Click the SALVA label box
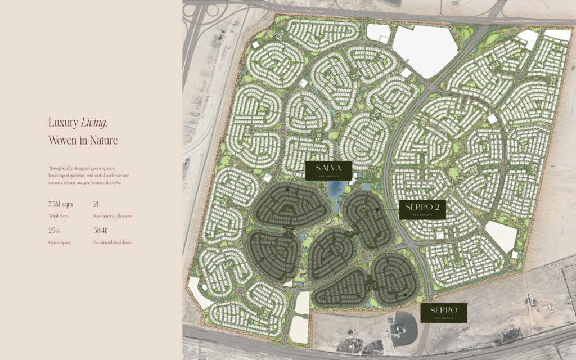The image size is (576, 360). click(x=329, y=170)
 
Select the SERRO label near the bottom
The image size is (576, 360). click(x=444, y=313)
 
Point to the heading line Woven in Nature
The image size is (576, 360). click(x=83, y=141)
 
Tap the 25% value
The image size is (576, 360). click(x=55, y=231)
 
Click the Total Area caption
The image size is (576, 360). click(x=58, y=216)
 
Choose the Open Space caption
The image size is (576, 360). click(x=60, y=242)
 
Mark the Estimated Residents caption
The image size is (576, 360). click(x=112, y=242)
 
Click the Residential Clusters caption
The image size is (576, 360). click(x=112, y=216)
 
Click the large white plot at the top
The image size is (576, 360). click(x=423, y=49)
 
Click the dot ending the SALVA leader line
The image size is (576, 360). click(x=287, y=190)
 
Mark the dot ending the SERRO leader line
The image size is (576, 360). click(x=404, y=294)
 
